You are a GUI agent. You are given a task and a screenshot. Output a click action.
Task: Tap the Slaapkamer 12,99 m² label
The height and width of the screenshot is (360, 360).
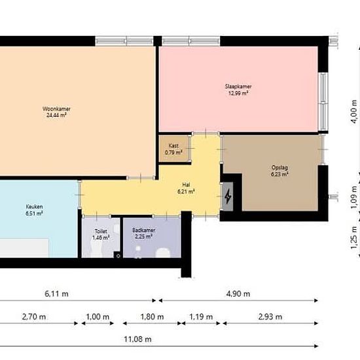tap(238, 90)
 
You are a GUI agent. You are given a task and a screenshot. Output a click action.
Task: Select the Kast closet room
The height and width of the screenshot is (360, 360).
tap(174, 149)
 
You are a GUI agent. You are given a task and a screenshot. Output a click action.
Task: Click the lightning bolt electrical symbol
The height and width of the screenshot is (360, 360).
tap(228, 196)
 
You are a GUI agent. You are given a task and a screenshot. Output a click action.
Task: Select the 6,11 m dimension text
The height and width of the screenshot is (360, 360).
tap(56, 294)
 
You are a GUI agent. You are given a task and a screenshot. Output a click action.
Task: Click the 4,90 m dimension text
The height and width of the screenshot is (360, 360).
tap(238, 294)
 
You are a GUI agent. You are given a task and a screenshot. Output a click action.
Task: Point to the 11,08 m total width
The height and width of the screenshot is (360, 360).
tap(137, 339)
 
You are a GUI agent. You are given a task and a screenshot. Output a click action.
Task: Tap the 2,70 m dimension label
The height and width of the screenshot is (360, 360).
tap(34, 317)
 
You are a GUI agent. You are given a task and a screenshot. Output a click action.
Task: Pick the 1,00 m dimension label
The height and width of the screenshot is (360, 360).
tap(98, 317)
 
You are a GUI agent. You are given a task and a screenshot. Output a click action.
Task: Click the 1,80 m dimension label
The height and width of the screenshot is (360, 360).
tap(152, 317)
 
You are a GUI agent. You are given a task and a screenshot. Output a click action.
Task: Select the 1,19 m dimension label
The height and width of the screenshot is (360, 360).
tap(201, 317)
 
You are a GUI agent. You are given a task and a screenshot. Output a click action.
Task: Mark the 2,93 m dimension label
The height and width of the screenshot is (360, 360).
tap(270, 317)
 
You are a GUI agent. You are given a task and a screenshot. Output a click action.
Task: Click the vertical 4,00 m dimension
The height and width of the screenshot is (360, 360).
tap(354, 111)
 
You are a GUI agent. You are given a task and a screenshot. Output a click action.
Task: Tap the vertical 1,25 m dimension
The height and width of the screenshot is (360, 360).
tap(354, 238)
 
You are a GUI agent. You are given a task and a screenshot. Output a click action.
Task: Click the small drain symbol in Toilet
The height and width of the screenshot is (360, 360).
tap(118, 255)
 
